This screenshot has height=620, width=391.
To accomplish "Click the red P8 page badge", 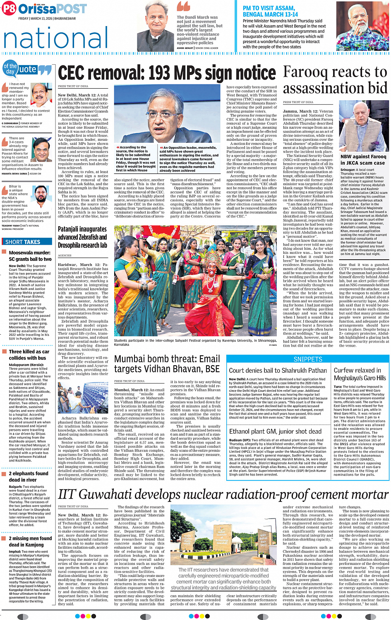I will [x=9, y=9].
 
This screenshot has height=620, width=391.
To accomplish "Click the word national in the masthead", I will [x=55, y=39].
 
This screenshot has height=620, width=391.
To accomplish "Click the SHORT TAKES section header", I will [x=23, y=242].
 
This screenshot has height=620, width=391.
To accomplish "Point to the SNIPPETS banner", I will [x=308, y=359].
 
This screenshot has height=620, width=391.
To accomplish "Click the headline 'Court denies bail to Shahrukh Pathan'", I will [x=278, y=371].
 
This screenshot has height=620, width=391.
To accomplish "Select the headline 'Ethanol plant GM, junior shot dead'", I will [x=275, y=432].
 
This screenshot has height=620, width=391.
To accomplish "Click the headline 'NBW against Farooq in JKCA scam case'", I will [x=363, y=160].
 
